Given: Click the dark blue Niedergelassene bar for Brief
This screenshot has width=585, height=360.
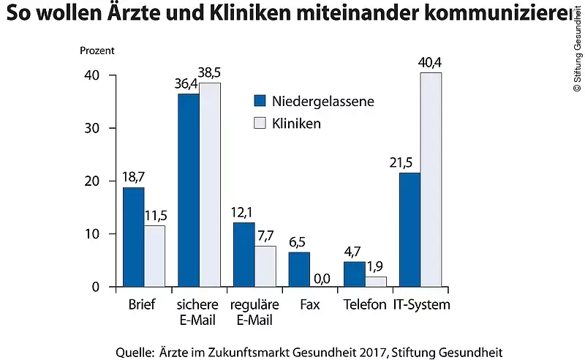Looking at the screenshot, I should click(133, 237).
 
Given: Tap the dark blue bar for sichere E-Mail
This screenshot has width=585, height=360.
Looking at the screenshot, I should click(189, 190).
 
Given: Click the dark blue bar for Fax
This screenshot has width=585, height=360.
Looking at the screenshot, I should click(299, 269).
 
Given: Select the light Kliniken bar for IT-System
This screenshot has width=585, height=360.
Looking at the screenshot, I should click(431, 179).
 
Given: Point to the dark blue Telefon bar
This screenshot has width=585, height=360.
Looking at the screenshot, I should click(355, 274).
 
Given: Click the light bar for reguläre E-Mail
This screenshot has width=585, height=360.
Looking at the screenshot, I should click(265, 266).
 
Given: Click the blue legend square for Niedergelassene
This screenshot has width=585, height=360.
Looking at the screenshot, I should click(260, 101).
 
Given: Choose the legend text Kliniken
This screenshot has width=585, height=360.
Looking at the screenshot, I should click(296, 124).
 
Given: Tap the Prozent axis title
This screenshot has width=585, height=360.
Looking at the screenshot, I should click(97, 52).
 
